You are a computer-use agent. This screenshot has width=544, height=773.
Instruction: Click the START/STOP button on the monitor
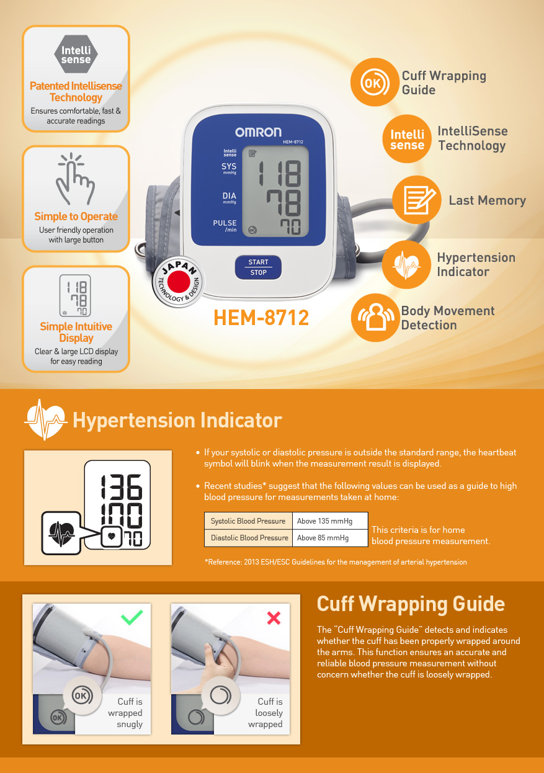point(258,267)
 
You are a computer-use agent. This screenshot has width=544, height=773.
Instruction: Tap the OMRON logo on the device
point(258,132)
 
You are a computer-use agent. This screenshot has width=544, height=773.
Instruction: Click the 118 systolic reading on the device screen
point(280,172)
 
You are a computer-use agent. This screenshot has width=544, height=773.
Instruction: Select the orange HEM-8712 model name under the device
point(261,318)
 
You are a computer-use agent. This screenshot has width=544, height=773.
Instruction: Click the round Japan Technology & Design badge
point(179,282)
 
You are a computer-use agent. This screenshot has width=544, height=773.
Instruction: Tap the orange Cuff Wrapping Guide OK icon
point(373,83)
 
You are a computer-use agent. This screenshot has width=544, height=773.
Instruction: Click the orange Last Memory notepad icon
point(416,200)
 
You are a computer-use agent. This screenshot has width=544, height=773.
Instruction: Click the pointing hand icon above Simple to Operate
point(76,179)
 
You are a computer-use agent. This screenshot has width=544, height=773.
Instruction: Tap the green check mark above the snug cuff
point(132,617)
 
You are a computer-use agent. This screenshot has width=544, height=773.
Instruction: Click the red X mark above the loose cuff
point(274,618)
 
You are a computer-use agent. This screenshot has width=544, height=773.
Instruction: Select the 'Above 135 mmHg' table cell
point(330,521)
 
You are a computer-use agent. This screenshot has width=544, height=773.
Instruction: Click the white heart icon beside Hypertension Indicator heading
point(45,420)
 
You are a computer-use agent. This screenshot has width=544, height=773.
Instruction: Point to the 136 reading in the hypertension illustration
point(122,487)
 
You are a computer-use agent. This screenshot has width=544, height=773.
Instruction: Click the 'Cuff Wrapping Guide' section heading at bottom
point(411,604)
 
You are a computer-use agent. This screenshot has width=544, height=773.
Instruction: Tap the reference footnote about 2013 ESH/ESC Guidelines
point(335,562)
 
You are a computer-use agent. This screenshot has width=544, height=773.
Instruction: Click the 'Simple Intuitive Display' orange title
point(76,332)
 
